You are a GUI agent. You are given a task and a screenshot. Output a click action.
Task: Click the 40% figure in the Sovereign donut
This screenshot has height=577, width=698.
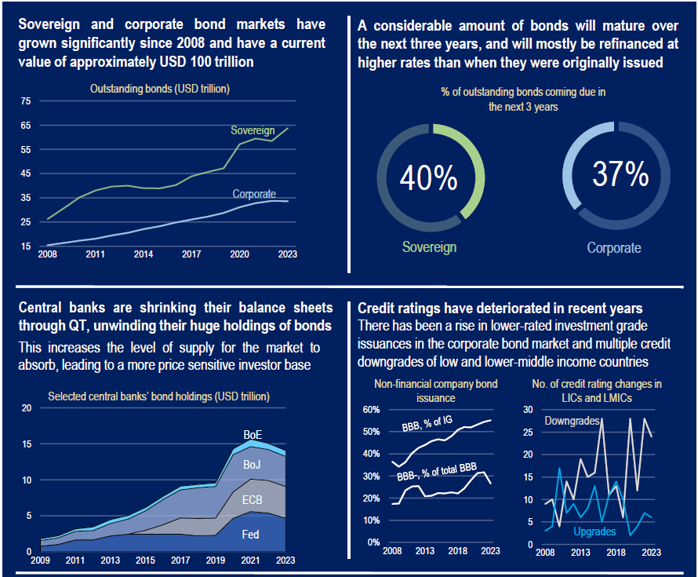(x=428, y=179)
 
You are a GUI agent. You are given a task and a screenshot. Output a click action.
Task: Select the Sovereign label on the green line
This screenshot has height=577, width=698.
(x=253, y=130)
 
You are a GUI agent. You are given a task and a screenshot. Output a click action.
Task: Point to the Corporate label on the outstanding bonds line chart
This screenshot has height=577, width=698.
(x=254, y=194)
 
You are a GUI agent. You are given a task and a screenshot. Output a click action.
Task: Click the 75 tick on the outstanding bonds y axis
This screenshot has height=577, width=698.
(x=26, y=100)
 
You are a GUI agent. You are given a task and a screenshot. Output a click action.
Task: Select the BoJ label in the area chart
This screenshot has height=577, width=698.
(x=252, y=465)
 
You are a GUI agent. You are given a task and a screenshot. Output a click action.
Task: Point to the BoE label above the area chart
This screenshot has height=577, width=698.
(x=253, y=433)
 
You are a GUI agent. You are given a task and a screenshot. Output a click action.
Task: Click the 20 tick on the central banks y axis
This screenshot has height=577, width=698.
(x=27, y=408)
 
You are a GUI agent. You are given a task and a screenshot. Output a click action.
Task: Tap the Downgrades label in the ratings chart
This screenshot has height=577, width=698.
(x=573, y=421)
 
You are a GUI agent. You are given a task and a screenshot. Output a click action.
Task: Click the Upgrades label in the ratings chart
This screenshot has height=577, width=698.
(x=594, y=531)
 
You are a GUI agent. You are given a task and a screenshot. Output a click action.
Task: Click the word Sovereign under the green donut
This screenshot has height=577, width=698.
(x=429, y=247)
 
